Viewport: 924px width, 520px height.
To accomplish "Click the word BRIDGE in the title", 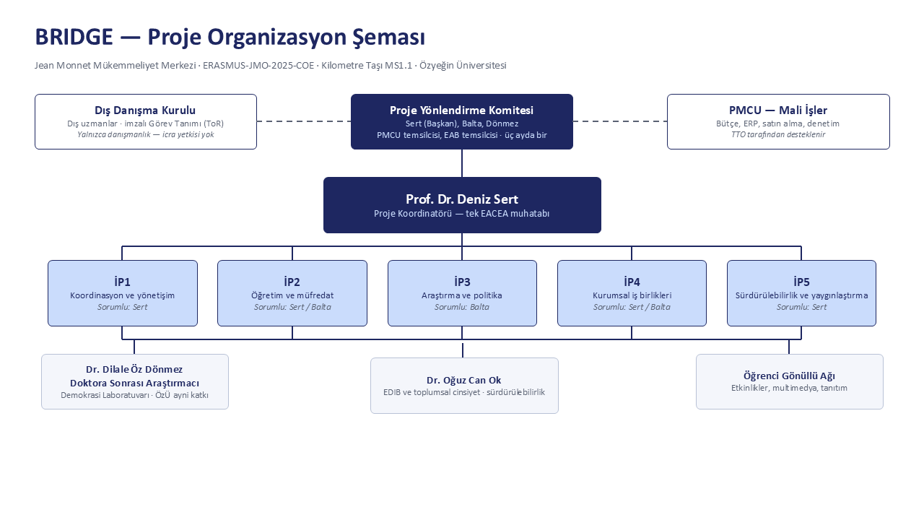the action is [x=74, y=37].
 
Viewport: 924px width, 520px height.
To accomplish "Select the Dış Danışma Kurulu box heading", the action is [x=145, y=110].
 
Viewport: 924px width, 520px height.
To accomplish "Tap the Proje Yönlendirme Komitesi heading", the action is [x=461, y=110].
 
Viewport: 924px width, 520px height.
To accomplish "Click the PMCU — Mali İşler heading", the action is [x=778, y=110].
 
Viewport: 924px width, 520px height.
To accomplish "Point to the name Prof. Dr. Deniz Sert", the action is [x=462, y=199].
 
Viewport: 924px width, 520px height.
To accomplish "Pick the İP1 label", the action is [x=123, y=282].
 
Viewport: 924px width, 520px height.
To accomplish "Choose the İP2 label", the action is [x=292, y=282].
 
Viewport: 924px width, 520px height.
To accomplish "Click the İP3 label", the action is [x=462, y=282].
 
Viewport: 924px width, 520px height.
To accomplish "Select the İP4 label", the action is [x=632, y=282].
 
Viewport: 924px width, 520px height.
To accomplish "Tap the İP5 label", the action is [x=801, y=282].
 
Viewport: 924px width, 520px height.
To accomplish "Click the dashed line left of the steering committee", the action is [x=304, y=121].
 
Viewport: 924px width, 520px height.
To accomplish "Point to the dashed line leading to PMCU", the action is [x=620, y=121].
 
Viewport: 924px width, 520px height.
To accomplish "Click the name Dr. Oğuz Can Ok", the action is [x=464, y=380].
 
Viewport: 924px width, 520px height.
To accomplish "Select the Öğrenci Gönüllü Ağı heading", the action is [x=789, y=376].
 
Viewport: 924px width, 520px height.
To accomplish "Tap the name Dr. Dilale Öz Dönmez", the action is [x=134, y=369].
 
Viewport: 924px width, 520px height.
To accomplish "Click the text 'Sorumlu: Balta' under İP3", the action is [x=461, y=307].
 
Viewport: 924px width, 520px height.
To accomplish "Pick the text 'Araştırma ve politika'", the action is [x=461, y=295].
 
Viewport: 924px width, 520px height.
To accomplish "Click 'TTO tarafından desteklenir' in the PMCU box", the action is [x=778, y=134].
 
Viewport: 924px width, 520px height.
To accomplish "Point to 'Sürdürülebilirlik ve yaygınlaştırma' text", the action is [x=801, y=295].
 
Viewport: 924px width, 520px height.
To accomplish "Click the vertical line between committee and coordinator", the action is [x=462, y=163].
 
